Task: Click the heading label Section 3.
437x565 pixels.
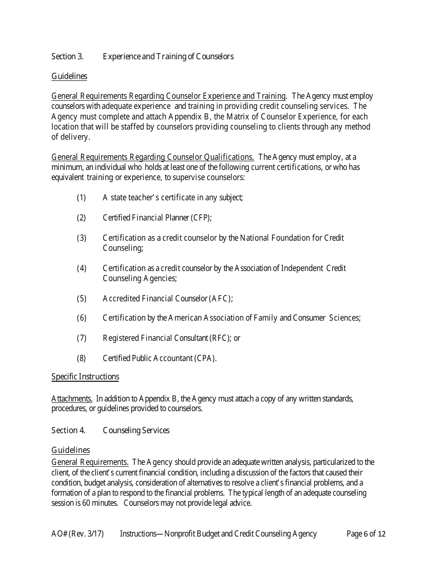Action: [x=67, y=56]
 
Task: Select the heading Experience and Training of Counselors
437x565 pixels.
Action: [x=168, y=56]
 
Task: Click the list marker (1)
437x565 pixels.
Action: [x=81, y=198]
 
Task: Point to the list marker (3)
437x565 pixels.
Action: [x=81, y=238]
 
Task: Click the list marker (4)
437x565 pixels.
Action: [x=81, y=268]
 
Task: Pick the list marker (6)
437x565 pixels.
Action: [x=81, y=318]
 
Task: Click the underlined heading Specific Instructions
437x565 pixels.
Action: [x=85, y=377]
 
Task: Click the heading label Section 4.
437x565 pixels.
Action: [x=68, y=430]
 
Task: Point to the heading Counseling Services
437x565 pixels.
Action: [x=136, y=430]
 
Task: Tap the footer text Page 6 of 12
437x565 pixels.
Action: [x=366, y=534]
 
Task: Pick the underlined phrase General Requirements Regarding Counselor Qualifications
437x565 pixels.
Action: [x=153, y=157]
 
